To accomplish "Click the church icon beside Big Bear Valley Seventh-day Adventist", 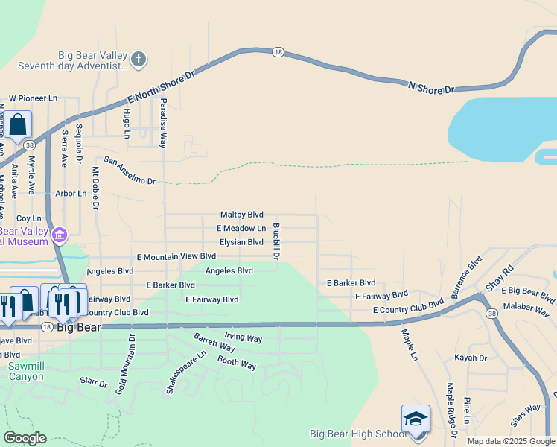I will click(139, 58).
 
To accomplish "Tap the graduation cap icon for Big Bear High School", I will click(416, 418).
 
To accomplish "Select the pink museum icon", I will click(60, 236).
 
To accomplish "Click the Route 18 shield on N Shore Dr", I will click(278, 51).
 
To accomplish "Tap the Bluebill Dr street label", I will click(276, 241).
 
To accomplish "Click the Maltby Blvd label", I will click(242, 215).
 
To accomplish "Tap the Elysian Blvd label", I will click(241, 242).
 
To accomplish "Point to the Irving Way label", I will click(244, 339).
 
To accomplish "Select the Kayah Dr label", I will click(471, 358).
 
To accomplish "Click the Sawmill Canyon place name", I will click(26, 371).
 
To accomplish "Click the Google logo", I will click(25, 438).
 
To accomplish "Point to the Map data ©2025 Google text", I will click(510, 441).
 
